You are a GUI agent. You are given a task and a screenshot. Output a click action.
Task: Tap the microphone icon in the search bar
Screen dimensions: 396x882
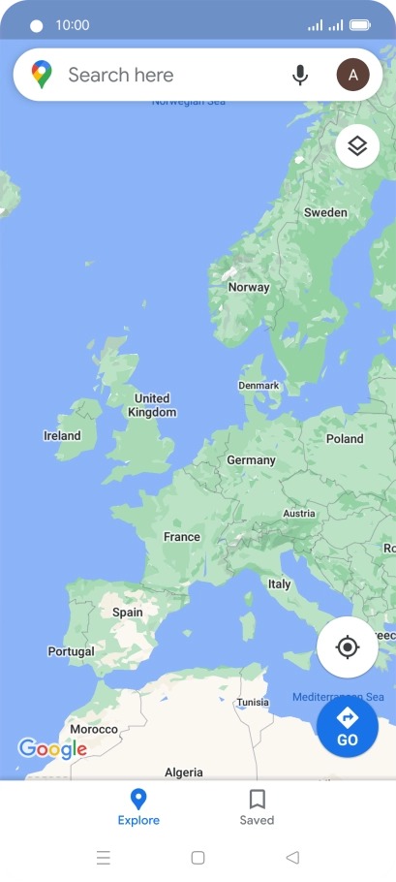(300, 75)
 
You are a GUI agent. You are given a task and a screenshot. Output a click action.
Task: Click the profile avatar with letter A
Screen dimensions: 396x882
(353, 75)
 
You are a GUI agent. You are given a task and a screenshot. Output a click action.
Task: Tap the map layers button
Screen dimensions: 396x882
(357, 146)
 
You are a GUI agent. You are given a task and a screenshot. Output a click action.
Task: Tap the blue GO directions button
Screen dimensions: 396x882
(348, 727)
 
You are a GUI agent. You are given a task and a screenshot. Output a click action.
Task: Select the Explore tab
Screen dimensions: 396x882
(138, 807)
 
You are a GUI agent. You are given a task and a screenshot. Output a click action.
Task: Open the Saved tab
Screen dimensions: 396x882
(257, 807)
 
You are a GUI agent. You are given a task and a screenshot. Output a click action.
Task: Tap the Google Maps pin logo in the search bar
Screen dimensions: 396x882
(42, 75)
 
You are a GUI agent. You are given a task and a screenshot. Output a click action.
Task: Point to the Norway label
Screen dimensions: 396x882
(249, 287)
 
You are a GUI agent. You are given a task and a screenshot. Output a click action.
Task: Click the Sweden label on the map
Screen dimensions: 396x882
(325, 212)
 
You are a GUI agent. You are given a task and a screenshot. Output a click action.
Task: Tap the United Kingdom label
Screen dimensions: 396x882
(152, 405)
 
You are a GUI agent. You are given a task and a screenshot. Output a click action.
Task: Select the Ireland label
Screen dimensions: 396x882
(63, 436)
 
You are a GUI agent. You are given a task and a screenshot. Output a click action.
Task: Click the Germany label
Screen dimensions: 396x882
(251, 460)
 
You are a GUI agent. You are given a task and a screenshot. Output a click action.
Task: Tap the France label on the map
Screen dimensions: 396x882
(182, 536)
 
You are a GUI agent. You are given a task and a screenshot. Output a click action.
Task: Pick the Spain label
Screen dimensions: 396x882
(128, 613)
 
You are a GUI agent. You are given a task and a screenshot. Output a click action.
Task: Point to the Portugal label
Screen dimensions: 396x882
(72, 651)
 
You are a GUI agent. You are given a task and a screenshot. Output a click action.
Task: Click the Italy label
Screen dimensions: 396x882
(279, 584)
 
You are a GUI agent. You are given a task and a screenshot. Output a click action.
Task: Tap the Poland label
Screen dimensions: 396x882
(345, 439)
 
